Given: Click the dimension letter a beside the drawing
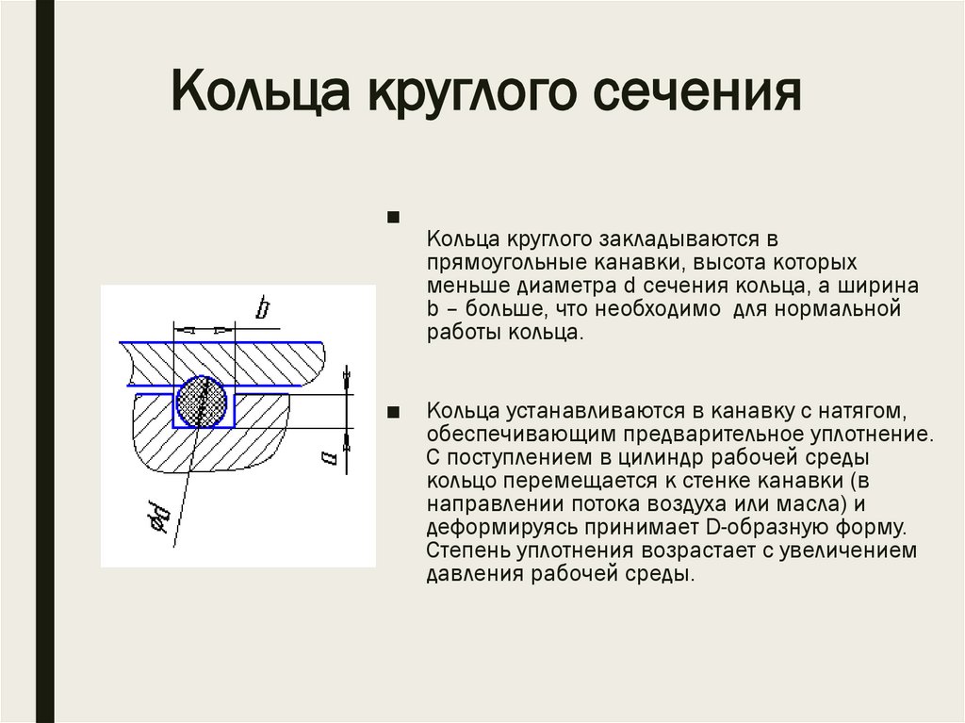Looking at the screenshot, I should [329, 458].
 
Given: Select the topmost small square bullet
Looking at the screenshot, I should [393, 219].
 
